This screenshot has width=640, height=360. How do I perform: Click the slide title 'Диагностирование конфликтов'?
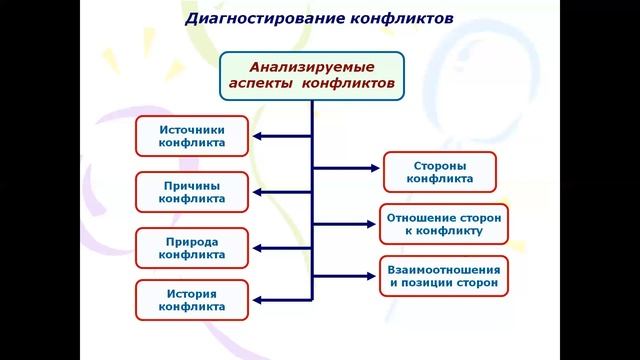point(319,19)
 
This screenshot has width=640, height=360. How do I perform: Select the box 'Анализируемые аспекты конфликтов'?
point(312,76)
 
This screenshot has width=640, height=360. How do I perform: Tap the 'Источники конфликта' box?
point(191,136)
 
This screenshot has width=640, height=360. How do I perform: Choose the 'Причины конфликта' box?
point(191,192)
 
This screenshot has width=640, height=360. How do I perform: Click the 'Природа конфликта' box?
point(191,247)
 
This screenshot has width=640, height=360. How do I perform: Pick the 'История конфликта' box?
point(191,300)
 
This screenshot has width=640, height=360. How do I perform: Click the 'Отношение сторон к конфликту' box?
point(444,224)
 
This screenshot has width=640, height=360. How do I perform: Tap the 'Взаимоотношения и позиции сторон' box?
point(444,276)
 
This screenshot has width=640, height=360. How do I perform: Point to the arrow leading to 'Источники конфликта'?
point(281,136)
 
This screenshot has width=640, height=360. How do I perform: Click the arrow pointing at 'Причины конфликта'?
point(281,192)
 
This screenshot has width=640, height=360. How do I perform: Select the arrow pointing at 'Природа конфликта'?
point(281,247)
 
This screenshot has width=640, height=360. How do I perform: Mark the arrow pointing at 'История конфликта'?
point(281,299)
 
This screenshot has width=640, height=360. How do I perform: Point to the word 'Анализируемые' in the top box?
point(312,67)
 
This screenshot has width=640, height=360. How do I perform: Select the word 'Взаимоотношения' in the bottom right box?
point(444,269)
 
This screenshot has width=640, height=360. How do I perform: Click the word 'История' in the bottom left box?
point(191,293)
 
